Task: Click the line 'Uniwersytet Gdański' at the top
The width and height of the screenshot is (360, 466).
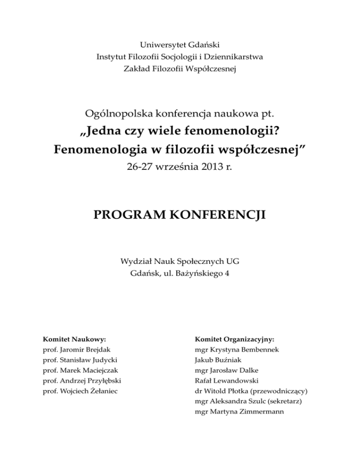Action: [x=180, y=45]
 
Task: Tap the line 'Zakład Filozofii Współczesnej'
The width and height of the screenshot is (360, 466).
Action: [x=180, y=69]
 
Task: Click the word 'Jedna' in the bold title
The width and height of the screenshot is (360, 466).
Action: [x=103, y=132]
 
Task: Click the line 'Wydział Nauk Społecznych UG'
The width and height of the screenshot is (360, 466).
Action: [x=180, y=261]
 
